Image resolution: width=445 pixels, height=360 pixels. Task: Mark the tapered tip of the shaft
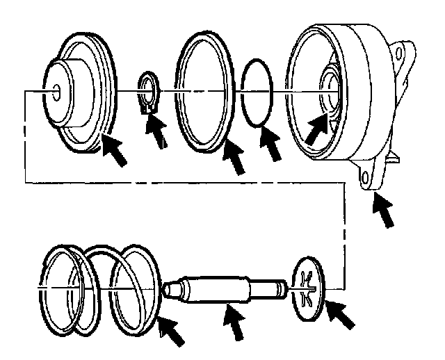pos(170,286)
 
